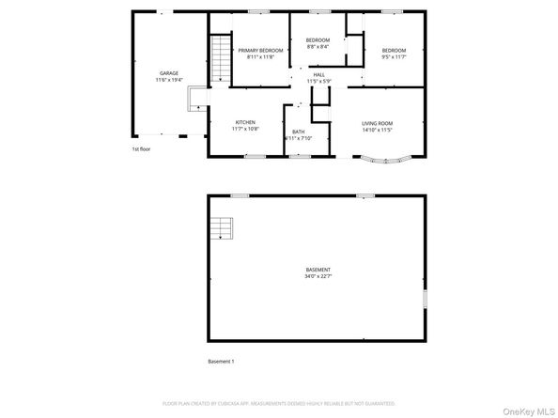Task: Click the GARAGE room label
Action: pyautogui.click(x=168, y=73)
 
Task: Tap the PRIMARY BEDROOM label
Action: pyautogui.click(x=260, y=50)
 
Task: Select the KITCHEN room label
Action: pyautogui.click(x=245, y=122)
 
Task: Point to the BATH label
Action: pyautogui.click(x=298, y=132)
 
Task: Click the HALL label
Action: pyautogui.click(x=319, y=74)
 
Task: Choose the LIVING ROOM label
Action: pyautogui.click(x=377, y=122)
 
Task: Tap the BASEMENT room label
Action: pyautogui.click(x=318, y=270)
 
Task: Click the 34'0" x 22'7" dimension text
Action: pyautogui.click(x=318, y=276)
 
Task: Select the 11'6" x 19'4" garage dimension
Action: pyautogui.click(x=168, y=80)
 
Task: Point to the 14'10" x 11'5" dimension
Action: pyautogui.click(x=377, y=129)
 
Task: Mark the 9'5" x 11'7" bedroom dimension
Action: pyautogui.click(x=393, y=57)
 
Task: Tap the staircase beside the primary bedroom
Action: pyautogui.click(x=220, y=57)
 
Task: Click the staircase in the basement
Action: pyautogui.click(x=221, y=228)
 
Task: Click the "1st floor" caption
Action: pyautogui.click(x=141, y=148)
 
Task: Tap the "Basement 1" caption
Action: pyautogui.click(x=221, y=362)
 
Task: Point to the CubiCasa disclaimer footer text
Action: pyautogui.click(x=278, y=401)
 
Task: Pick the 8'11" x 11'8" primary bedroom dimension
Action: pyautogui.click(x=260, y=57)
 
